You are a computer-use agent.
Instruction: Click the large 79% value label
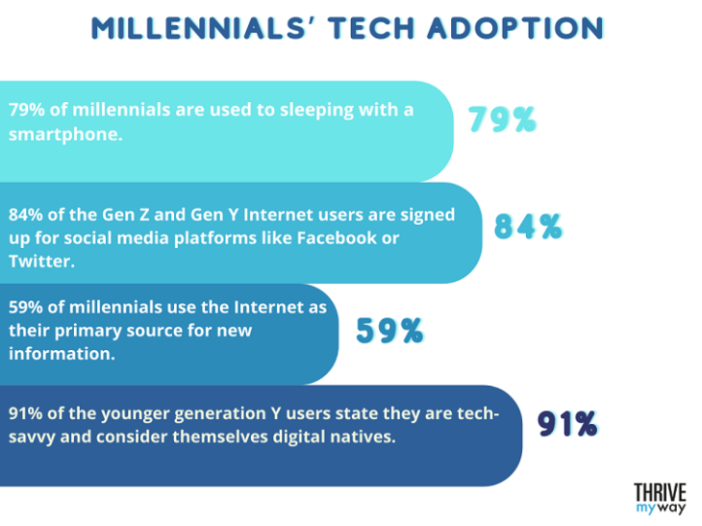pyautogui.click(x=501, y=119)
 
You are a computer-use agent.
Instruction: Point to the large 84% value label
pyautogui.click(x=528, y=226)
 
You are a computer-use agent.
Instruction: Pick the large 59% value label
pyautogui.click(x=389, y=331)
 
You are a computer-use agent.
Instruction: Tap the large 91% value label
pyautogui.click(x=567, y=423)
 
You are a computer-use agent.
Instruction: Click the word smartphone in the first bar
pyautogui.click(x=63, y=136)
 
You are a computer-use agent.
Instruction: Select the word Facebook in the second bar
pyautogui.click(x=332, y=238)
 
